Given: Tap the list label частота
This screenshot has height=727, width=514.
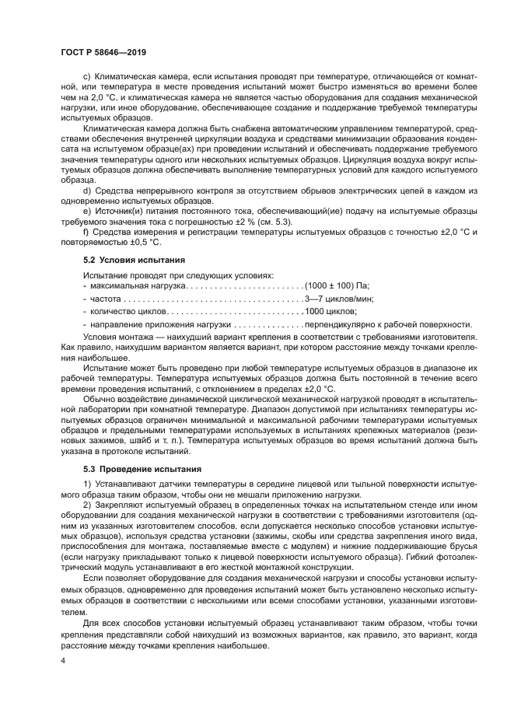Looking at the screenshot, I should [107, 298].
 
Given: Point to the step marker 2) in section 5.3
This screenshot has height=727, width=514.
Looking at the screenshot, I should [86, 506].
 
